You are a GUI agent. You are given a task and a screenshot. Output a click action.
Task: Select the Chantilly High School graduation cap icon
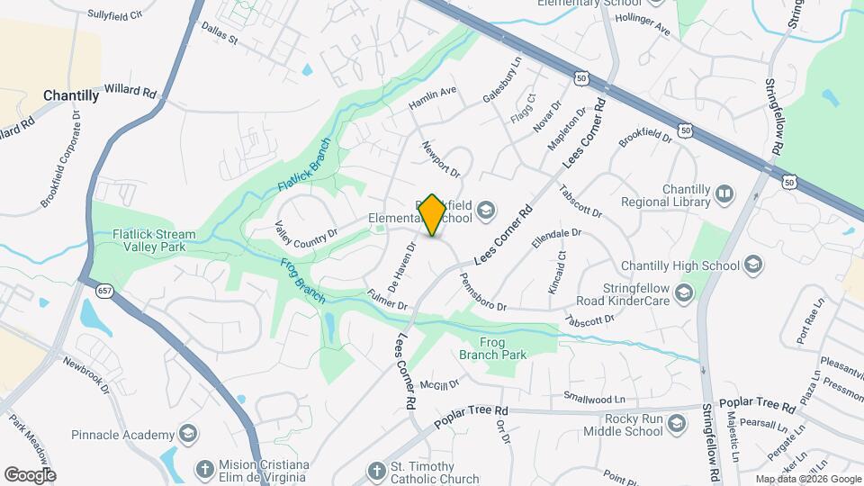753,265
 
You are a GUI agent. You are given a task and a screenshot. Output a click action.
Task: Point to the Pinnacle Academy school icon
187,434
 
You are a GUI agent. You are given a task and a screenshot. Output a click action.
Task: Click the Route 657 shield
104,292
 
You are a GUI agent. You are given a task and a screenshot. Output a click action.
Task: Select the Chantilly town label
71,95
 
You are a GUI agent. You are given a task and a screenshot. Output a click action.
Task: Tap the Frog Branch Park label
492,348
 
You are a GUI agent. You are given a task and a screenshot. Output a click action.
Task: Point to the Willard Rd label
130,92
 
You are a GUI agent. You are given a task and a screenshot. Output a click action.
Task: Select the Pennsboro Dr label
482,294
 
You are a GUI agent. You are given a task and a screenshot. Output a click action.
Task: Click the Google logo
30,474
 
